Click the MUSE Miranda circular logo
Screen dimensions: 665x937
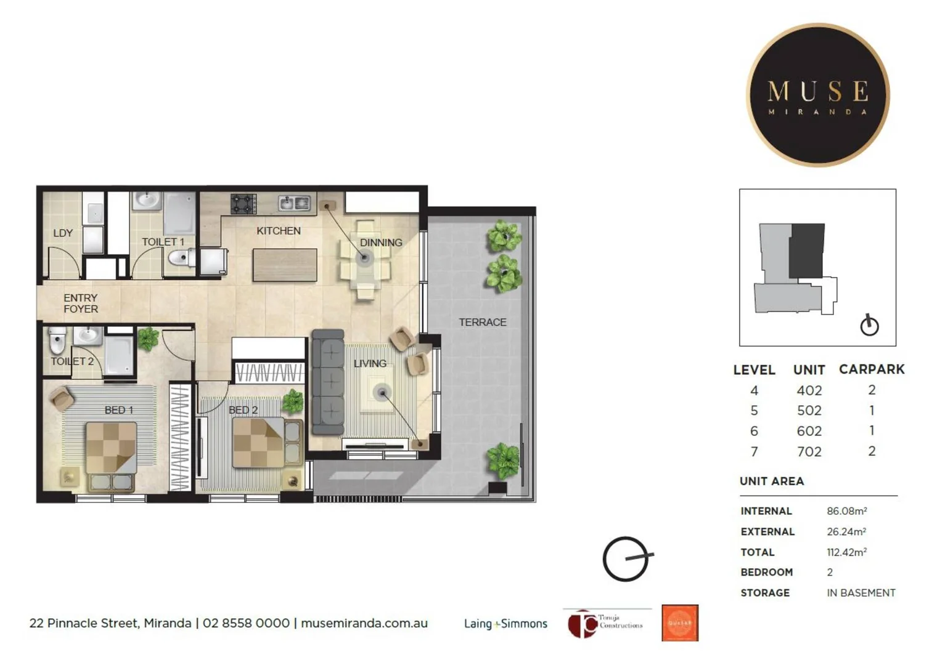[817, 95]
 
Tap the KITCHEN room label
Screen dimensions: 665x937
[279, 231]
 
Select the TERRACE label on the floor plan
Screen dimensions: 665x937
[482, 322]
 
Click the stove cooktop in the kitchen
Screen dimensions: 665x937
[243, 204]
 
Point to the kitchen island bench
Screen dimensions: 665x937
[285, 265]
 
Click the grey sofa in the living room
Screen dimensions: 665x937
[327, 382]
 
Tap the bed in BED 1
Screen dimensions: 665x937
[111, 456]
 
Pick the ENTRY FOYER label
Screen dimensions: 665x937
[81, 304]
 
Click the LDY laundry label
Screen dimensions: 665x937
[63, 233]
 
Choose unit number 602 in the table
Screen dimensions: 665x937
[809, 431]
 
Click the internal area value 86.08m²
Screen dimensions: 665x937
[846, 511]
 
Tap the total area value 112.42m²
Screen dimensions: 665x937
[846, 552]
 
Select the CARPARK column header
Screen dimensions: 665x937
[871, 369]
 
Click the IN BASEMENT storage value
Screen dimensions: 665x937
[861, 593]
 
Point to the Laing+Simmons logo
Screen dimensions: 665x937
[505, 624]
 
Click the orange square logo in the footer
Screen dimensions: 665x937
[680, 623]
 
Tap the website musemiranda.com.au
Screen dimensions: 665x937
[364, 623]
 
